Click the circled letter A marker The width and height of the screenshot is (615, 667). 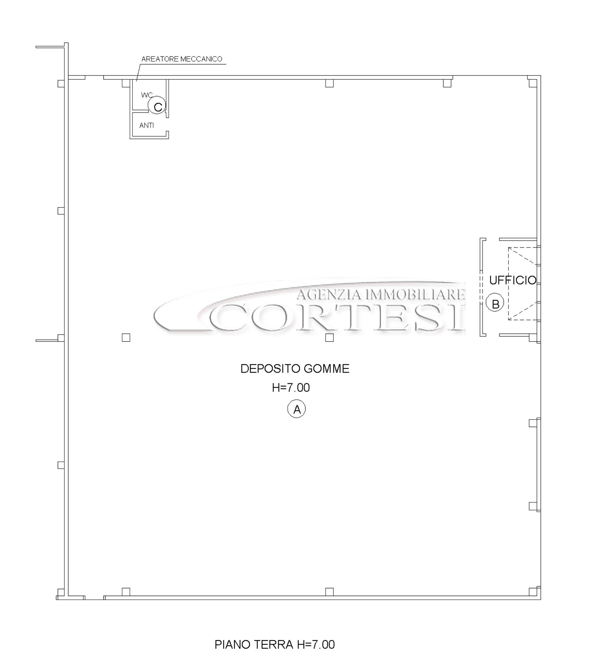296,409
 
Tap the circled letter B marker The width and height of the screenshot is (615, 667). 495,303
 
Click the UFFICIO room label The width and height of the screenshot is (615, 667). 512,280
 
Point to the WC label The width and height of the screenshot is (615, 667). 147,95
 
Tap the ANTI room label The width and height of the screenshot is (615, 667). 147,126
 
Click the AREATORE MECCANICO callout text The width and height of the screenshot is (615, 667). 182,59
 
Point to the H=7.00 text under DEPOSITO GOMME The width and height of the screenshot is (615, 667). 291,388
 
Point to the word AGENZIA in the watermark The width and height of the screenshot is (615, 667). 328,294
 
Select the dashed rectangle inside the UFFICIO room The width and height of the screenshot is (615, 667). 508,284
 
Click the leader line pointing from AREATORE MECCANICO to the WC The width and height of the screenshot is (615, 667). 138,72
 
